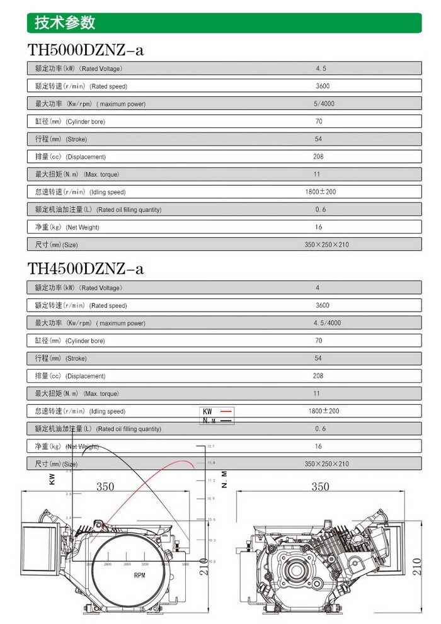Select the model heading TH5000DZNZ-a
tap(86, 50)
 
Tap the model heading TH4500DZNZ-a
tap(86, 269)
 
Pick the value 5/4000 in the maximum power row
tap(324, 104)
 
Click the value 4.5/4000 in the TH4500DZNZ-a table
tap(326, 323)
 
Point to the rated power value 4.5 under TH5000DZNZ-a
tap(321, 69)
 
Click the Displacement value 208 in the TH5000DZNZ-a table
tap(318, 157)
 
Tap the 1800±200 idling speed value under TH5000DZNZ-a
tap(321, 192)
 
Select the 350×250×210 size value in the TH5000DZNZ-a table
tap(326, 245)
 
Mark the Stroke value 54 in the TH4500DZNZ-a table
tap(318, 358)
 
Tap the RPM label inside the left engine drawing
tap(139, 576)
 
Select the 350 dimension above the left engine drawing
tap(105, 486)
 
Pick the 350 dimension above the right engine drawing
tap(320, 486)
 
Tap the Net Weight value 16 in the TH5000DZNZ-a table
tap(318, 227)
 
